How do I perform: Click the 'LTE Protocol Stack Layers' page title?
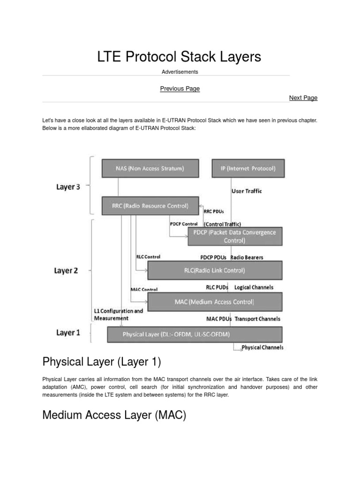(179, 57)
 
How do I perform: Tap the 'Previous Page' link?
(180, 89)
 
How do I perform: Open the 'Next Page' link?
(303, 98)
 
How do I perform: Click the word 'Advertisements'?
(180, 72)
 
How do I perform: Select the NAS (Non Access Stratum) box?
(150, 168)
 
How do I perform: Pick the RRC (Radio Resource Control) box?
(150, 205)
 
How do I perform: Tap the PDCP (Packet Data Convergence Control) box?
(235, 237)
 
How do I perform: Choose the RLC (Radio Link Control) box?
(215, 270)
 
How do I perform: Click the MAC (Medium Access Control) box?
(215, 302)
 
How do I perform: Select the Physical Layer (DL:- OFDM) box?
(195, 335)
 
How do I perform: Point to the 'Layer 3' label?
(68, 187)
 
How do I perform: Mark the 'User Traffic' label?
(247, 191)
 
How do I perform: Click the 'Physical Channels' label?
(262, 348)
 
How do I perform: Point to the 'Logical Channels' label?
(254, 287)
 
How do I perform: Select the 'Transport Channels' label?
(257, 319)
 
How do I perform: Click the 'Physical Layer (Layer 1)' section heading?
(102, 361)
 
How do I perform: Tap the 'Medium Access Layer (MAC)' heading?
(114, 415)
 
